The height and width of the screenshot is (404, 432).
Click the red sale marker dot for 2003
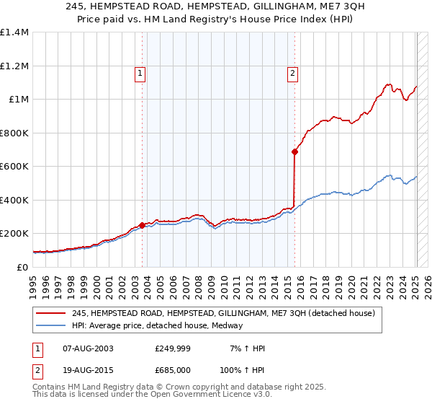point(143,225)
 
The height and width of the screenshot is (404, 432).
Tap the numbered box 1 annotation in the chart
point(139,72)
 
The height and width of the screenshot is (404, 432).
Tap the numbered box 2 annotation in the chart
point(292,72)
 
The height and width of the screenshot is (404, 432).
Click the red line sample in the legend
point(50,314)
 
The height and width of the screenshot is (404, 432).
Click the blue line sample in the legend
point(50,326)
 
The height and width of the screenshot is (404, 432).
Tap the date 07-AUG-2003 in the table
point(89,348)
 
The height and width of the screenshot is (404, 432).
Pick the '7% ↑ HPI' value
point(246,348)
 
